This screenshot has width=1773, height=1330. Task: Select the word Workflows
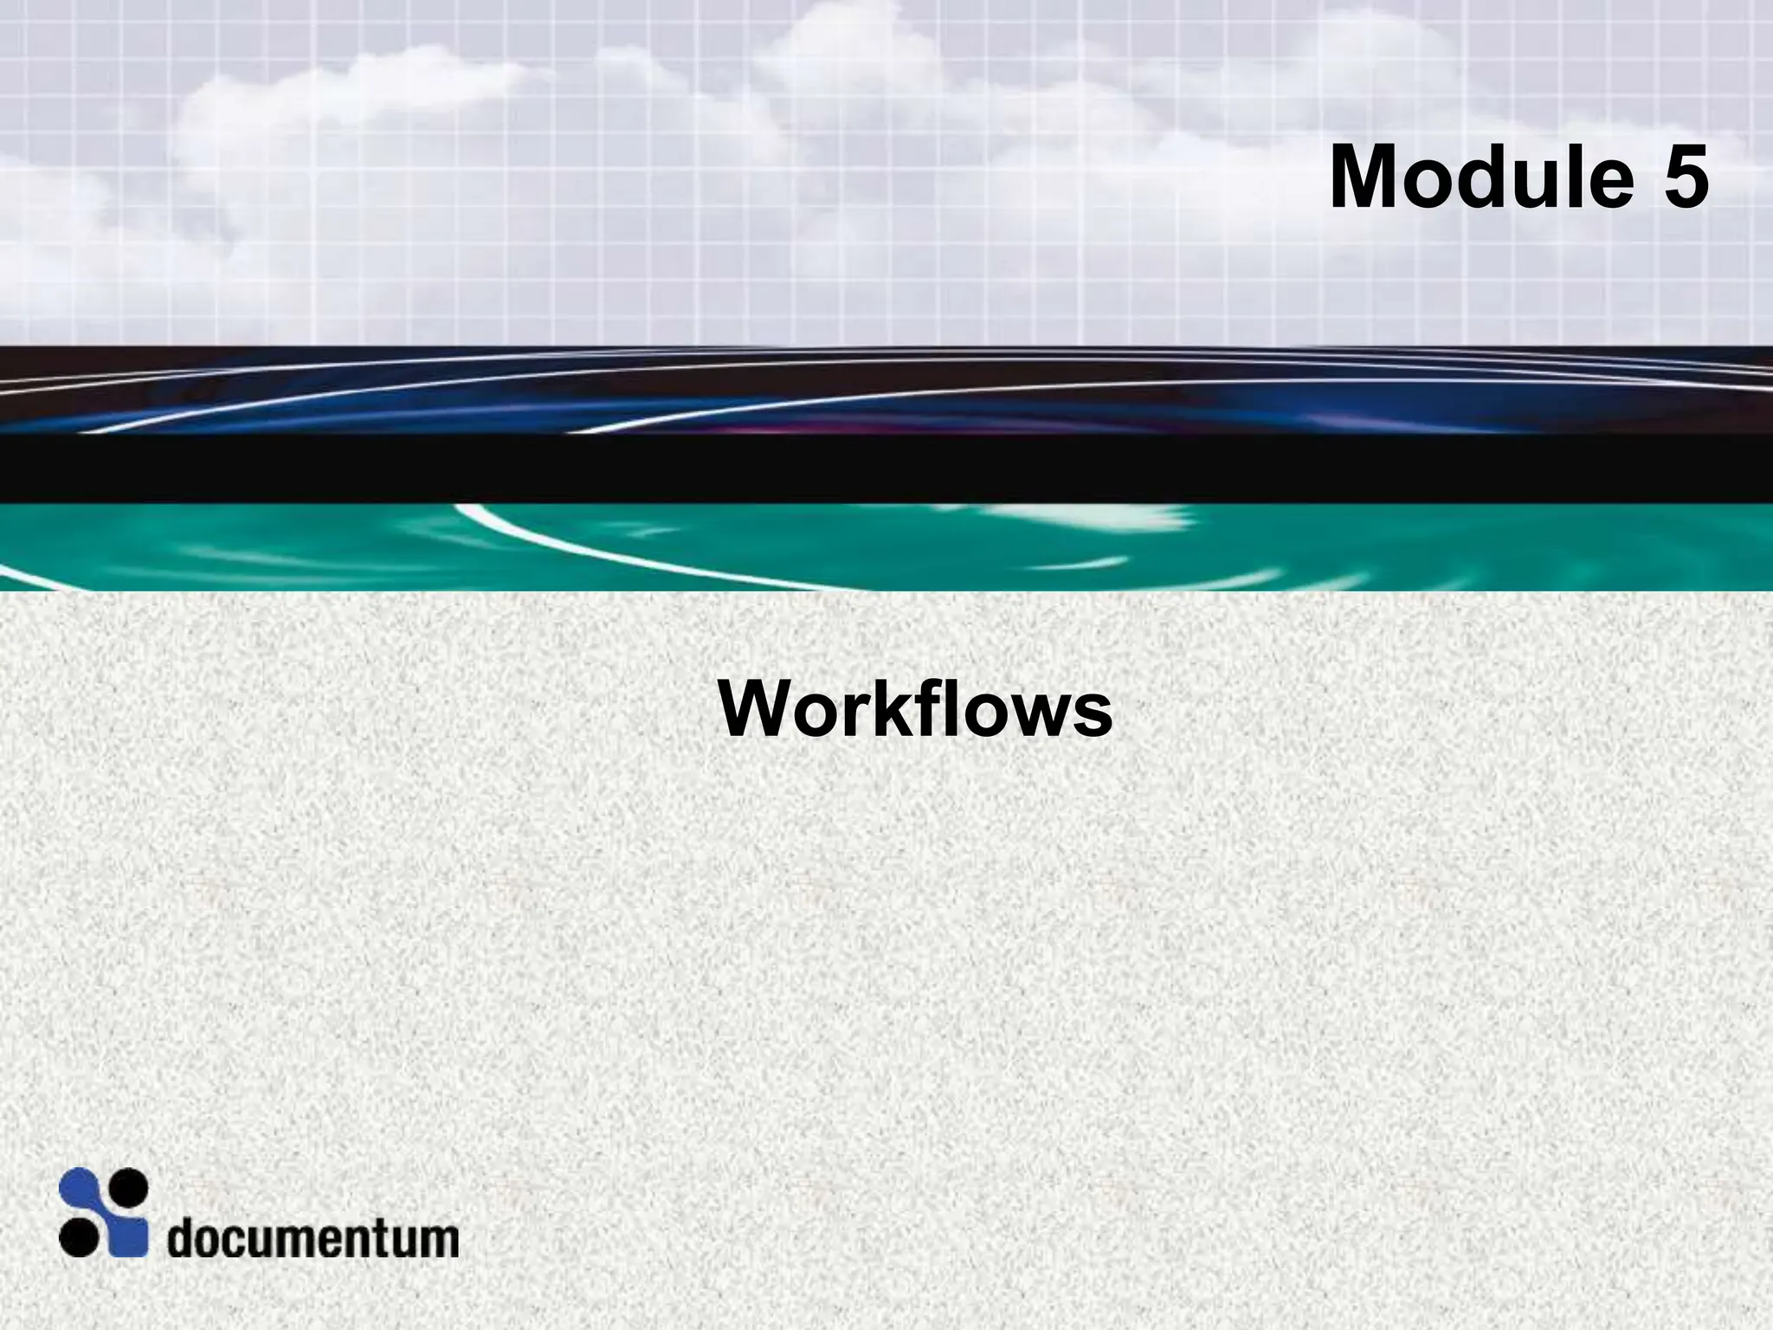click(915, 710)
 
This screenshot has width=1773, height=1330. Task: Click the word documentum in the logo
click(313, 1238)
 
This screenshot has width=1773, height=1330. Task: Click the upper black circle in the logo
click(129, 1186)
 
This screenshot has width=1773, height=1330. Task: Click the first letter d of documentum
click(181, 1238)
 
